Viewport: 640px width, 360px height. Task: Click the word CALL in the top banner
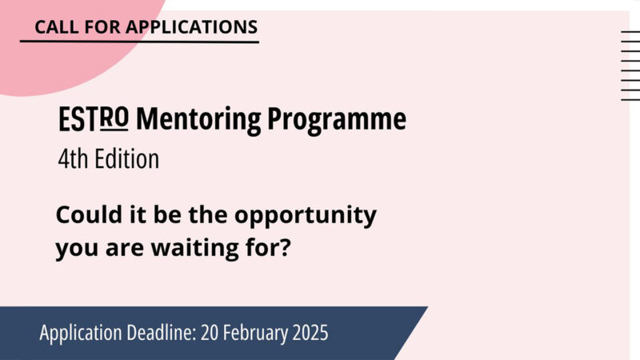[x=53, y=26]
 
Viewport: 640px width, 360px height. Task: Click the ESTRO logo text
[x=94, y=120]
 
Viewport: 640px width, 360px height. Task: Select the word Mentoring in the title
[x=198, y=120]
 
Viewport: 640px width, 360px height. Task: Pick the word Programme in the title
[x=337, y=120]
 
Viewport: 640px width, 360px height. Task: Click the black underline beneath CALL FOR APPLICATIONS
[x=139, y=42]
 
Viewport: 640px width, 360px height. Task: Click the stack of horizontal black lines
[x=630, y=65]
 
